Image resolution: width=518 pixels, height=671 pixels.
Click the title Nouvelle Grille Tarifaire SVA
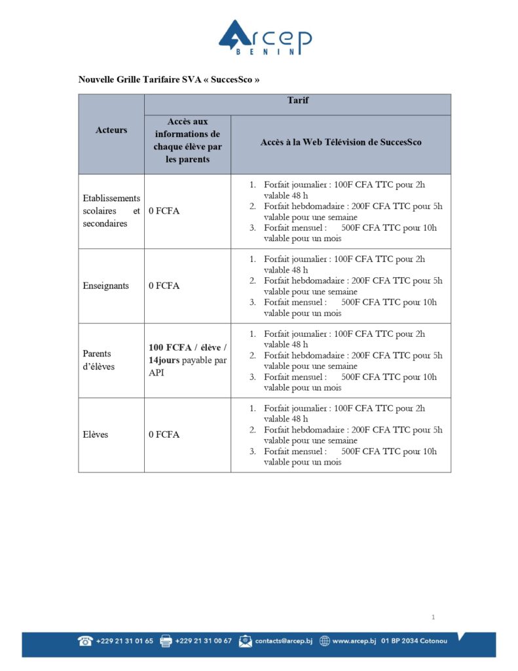[x=169, y=80]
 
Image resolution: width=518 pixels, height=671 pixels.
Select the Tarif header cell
[x=297, y=101]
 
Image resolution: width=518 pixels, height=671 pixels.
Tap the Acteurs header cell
[x=111, y=130]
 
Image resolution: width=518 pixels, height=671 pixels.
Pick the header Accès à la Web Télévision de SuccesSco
[x=341, y=142]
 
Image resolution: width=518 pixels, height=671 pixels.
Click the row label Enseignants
[x=105, y=286]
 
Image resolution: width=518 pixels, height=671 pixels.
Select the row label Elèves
[x=95, y=434]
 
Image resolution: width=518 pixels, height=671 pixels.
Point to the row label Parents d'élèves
[x=98, y=360]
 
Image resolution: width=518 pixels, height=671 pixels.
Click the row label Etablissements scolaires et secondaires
[x=111, y=211]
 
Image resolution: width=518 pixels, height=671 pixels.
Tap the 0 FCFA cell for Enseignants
[x=164, y=286]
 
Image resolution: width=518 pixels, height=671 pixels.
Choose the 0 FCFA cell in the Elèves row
[x=164, y=434]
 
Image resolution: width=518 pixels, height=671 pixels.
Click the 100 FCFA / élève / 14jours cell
[x=187, y=360]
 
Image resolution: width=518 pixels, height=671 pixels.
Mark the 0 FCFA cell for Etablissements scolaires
[x=164, y=211]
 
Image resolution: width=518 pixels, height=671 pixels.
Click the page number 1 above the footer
[x=434, y=617]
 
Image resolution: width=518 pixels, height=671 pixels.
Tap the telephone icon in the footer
[x=85, y=641]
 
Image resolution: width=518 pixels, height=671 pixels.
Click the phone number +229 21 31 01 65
[x=124, y=641]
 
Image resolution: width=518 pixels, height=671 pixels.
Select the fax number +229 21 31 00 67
[x=203, y=641]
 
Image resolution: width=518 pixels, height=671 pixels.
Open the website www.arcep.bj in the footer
[x=354, y=641]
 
